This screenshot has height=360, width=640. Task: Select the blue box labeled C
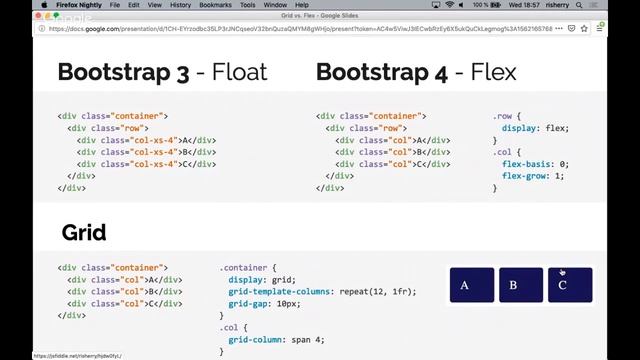pyautogui.click(x=569, y=285)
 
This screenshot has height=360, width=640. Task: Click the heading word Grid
pyautogui.click(x=84, y=233)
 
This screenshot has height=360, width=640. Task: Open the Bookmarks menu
pyautogui.click(x=216, y=5)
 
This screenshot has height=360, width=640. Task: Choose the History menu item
pyautogui.click(x=180, y=5)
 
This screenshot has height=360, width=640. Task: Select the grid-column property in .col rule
pyautogui.click(x=257, y=339)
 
